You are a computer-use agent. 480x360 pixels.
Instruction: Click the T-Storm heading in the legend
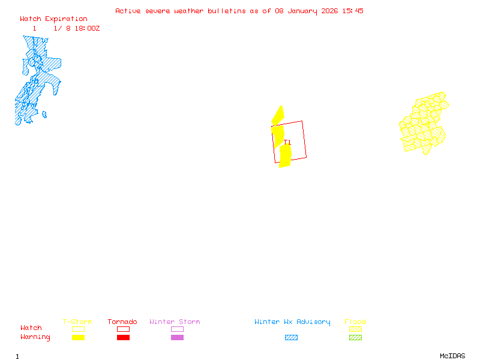pos(77,322)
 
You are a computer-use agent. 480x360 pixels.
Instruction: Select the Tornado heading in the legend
pos(122,322)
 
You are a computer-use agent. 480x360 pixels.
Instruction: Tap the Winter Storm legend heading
pos(175,322)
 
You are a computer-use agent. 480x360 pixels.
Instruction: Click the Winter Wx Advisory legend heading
pos(292,322)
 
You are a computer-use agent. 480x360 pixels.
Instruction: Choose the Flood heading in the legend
pos(355,322)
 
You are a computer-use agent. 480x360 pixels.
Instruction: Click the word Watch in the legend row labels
pos(31,328)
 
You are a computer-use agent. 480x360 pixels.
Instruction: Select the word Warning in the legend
pos(35,337)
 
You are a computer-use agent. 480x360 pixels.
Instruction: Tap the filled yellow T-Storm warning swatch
pos(78,338)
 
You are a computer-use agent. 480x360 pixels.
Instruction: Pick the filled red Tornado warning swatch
pos(123,338)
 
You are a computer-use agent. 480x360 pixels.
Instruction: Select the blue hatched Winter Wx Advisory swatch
pos(291,338)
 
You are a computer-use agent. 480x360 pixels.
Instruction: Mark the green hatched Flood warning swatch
pos(355,338)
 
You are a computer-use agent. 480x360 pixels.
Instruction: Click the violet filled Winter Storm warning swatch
pos(177,338)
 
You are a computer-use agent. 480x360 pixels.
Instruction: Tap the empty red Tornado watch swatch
pos(123,329)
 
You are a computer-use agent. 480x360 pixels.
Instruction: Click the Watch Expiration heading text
pos(53,19)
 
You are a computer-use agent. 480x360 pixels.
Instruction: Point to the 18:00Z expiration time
pos(87,28)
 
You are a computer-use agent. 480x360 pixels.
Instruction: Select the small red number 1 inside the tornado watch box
pos(289,142)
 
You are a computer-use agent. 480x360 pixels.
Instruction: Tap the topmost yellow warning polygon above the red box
pos(278,115)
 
